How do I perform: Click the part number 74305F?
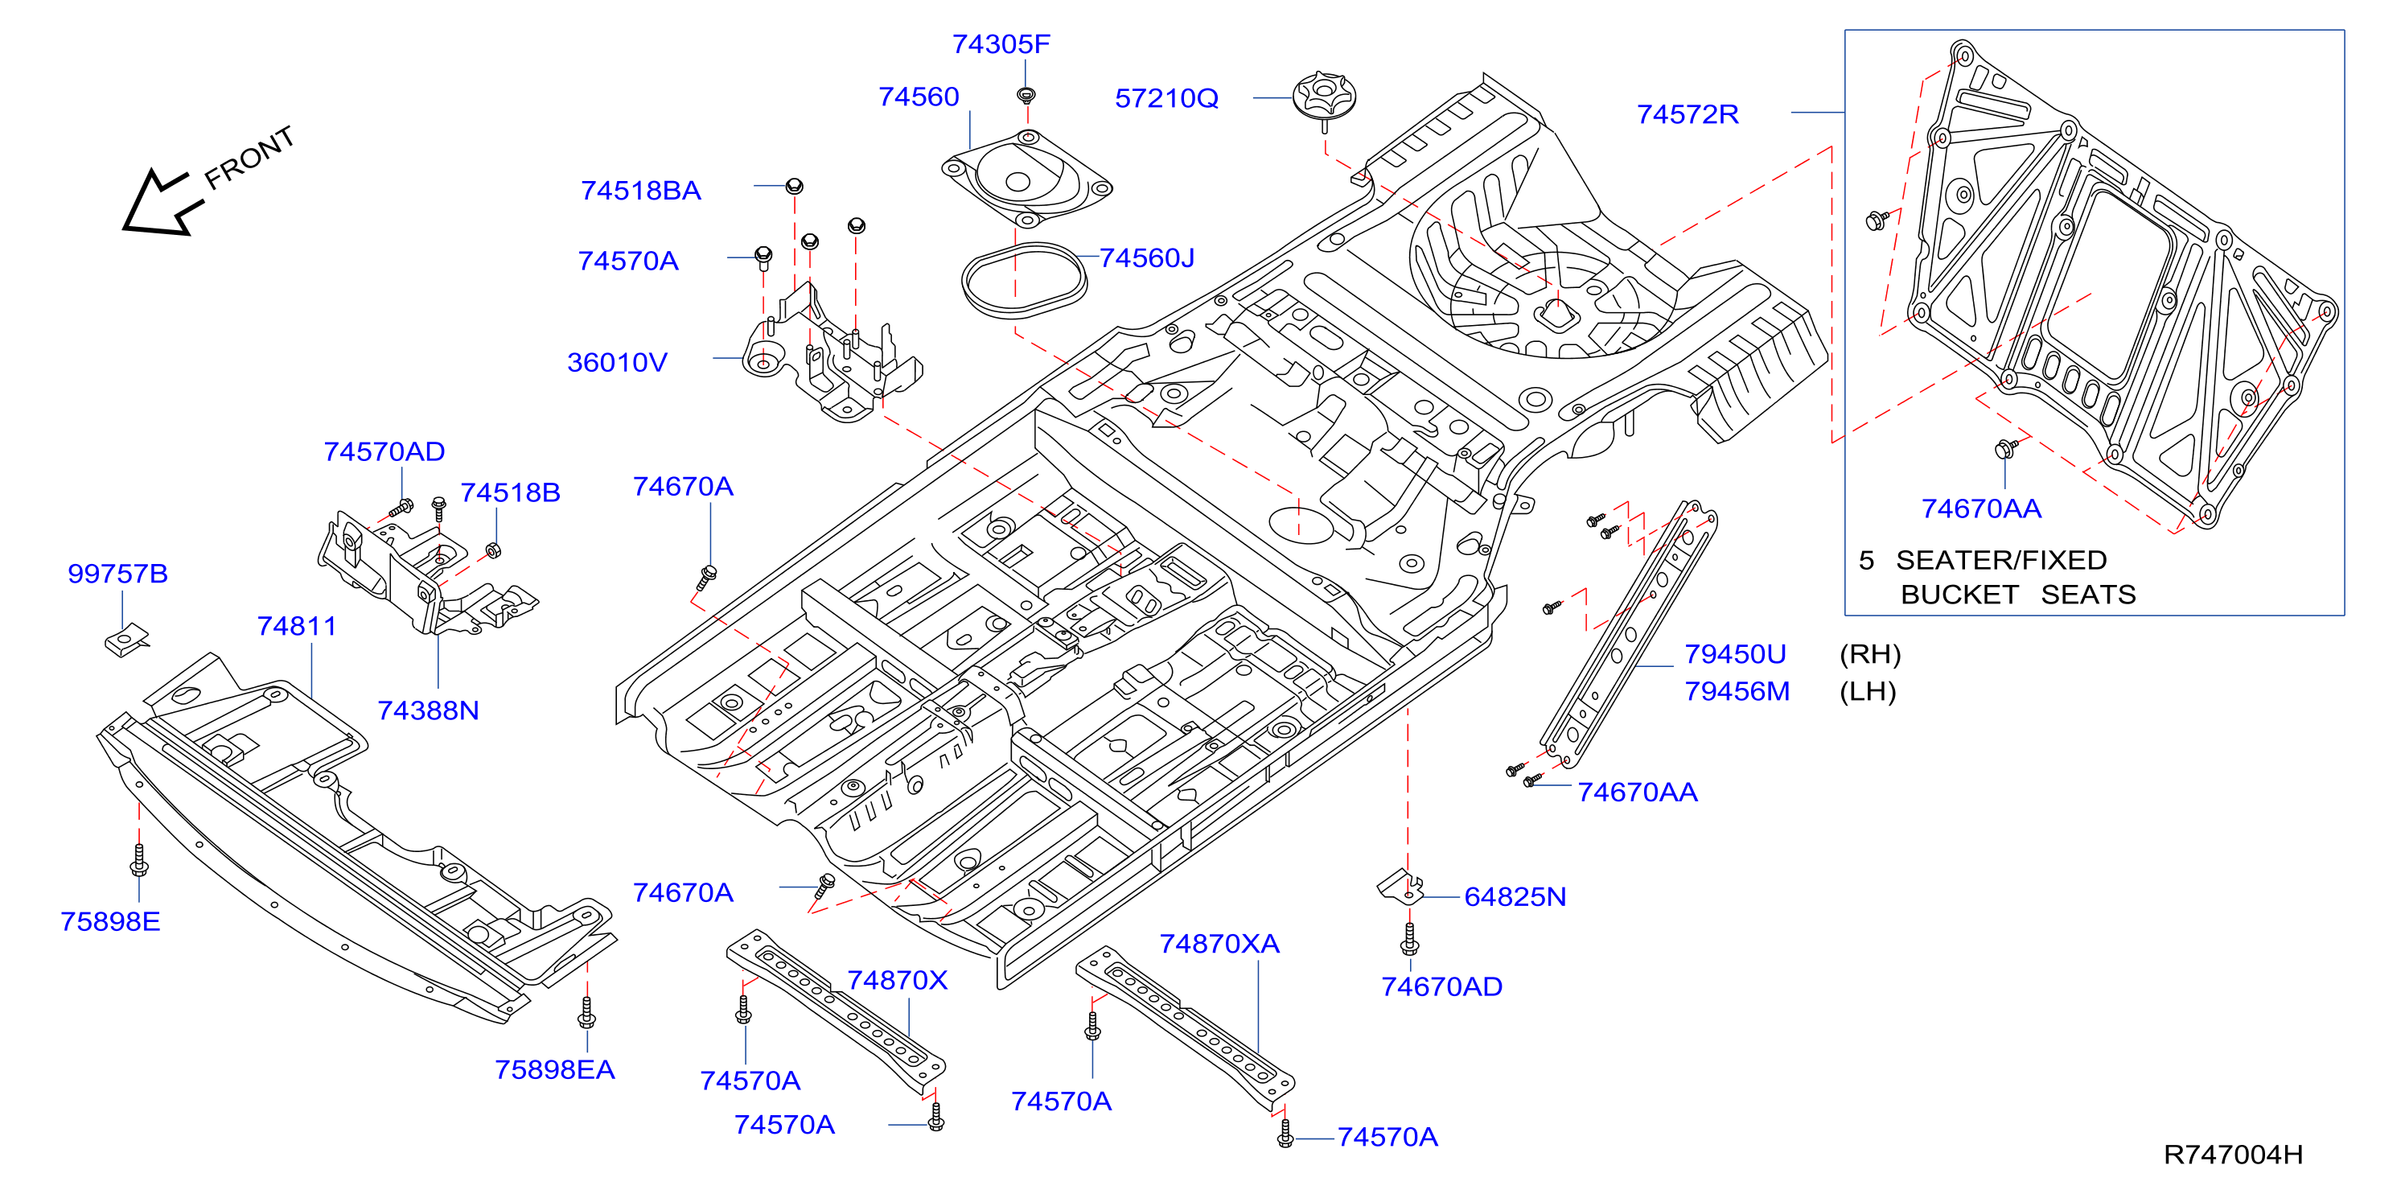1001,44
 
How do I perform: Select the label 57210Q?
1166,98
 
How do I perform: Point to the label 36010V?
617,362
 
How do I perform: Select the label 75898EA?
554,1069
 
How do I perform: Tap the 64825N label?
1515,896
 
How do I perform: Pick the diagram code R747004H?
2233,1155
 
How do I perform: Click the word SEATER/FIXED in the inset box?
2000,560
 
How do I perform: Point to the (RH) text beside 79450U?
1870,654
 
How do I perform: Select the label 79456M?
1737,691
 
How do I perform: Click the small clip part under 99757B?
126,640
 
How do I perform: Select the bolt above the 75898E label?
139,861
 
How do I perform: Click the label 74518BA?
640,191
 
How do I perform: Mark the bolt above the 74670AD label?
1410,939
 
